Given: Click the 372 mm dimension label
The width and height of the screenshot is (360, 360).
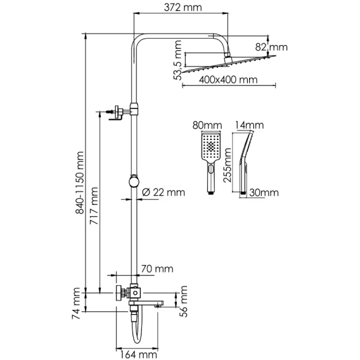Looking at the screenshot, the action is [x=183, y=8].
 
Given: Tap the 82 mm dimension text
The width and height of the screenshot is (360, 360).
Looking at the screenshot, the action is [x=271, y=48].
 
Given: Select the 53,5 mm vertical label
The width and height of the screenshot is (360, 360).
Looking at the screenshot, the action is [x=177, y=60].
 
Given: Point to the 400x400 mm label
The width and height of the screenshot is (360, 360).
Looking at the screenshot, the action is [x=228, y=80].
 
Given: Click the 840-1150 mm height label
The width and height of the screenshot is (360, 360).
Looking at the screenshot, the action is [x=80, y=183].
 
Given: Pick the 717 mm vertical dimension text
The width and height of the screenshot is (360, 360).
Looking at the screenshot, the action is [x=94, y=206].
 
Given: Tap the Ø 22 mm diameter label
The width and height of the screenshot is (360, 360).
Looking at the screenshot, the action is [x=164, y=192].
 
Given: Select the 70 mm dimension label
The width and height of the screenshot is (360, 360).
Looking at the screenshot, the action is [x=157, y=269].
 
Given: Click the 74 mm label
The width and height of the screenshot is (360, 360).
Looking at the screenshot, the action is [x=76, y=304].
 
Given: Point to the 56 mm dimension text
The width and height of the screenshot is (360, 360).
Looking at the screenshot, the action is [x=183, y=302].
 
